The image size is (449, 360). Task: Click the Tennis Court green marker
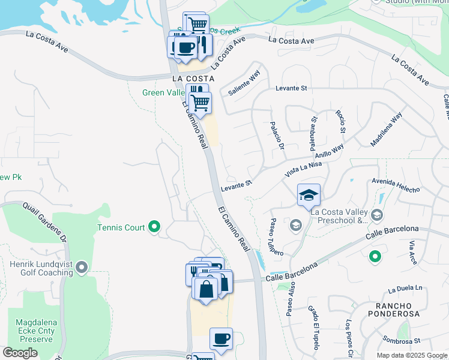coord(154,226)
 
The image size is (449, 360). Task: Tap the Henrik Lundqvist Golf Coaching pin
coord(82,266)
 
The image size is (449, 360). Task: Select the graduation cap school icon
coord(309,195)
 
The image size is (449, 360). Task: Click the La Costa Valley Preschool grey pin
coord(376,215)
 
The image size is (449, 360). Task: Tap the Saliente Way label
coord(244,83)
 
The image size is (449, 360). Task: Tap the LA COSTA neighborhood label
coord(193,79)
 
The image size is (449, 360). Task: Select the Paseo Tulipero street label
coord(276,236)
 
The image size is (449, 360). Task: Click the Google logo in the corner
coord(20,353)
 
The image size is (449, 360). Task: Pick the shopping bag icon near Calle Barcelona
coord(206,289)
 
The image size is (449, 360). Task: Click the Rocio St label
coord(341,122)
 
